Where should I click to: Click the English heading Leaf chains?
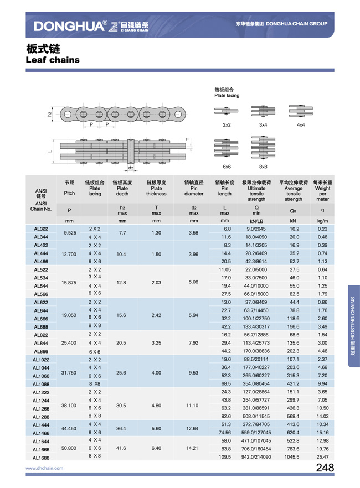click(53, 60)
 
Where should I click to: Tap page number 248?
click(325, 468)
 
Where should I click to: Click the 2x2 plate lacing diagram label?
click(227, 125)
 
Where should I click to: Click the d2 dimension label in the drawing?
click(131, 168)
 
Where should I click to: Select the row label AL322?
click(41, 229)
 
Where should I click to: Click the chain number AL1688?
click(41, 458)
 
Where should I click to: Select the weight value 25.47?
click(323, 458)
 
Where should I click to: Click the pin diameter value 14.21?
click(193, 449)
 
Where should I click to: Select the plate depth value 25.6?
click(122, 373)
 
